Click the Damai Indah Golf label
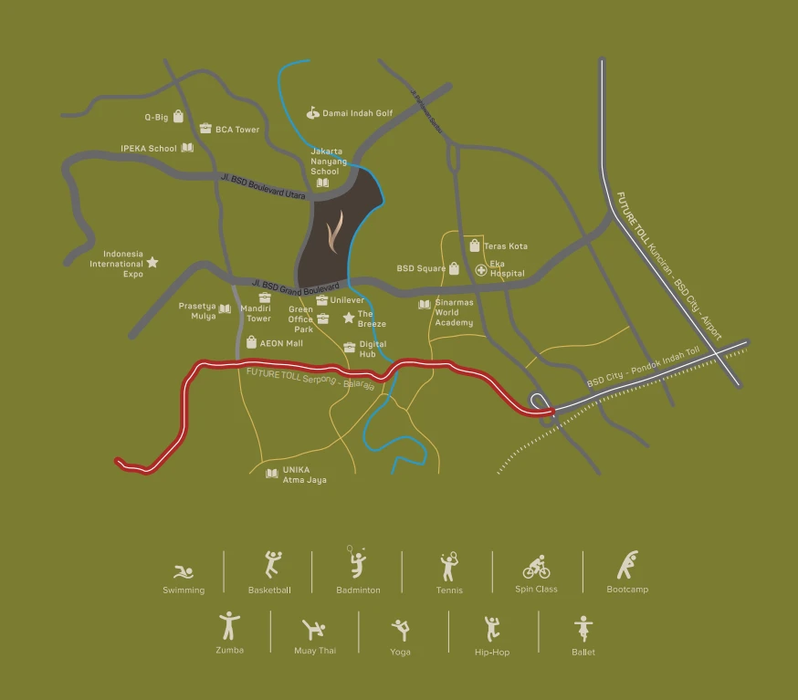pos(357,113)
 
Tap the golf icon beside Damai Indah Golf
pos(313,113)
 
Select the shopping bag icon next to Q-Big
pos(178,117)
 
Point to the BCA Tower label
pos(237,130)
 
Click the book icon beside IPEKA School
pos(187,148)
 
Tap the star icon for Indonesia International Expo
pos(152,262)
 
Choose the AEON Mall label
pos(281,343)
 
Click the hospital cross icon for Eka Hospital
pos(481,270)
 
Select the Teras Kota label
pos(505,246)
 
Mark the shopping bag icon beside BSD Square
pos(454,268)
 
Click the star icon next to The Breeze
pos(348,318)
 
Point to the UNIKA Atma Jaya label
pos(304,475)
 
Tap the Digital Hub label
pos(373,349)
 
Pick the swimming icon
pos(184,572)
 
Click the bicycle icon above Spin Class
pos(536,568)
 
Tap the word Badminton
pos(358,590)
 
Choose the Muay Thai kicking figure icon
pos(314,629)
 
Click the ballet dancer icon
pos(583,628)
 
